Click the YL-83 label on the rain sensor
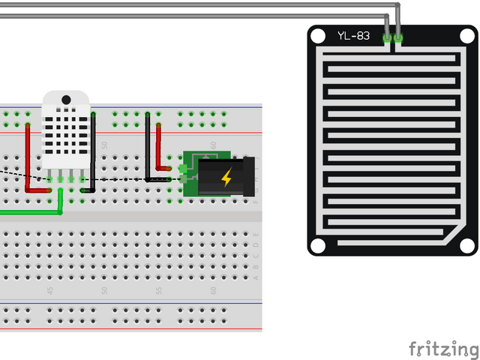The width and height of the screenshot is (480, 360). pos(353,35)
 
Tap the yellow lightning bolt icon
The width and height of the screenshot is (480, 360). pos(226,178)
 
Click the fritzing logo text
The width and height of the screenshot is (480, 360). pos(442,349)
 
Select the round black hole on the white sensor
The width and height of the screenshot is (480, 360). pos(66,100)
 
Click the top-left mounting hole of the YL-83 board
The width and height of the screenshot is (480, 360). pos(318,35)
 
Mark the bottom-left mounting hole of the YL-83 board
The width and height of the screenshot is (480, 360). pos(319,246)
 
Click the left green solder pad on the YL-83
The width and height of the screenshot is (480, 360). pos(388,37)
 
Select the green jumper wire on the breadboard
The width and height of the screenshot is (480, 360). pos(30,212)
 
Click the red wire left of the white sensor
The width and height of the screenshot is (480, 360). pos(28,157)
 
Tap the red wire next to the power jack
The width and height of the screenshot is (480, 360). pos(158,146)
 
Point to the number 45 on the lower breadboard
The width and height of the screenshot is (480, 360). pos(50,289)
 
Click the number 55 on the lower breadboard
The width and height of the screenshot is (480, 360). pos(158,289)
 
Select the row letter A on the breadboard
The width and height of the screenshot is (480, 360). pos(256,277)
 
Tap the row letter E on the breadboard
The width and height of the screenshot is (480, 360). pos(256,235)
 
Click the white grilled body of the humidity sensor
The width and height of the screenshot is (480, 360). pos(66,135)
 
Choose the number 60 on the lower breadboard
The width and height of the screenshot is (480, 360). pos(213,289)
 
